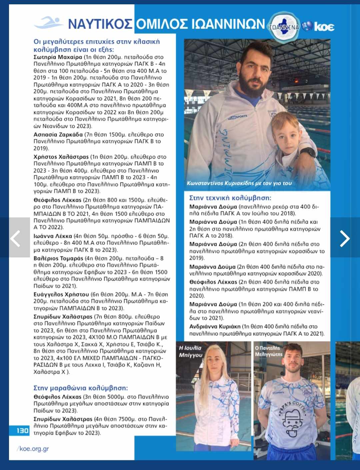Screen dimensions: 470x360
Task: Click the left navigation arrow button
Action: click(x=15, y=237)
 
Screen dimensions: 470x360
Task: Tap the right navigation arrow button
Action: click(x=345, y=238)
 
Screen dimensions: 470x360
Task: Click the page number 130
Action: click(x=22, y=431)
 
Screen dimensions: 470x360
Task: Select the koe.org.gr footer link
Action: click(x=34, y=449)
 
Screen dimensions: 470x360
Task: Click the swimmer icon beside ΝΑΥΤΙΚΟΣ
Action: click(x=49, y=23)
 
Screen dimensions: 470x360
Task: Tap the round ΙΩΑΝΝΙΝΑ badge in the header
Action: click(x=284, y=26)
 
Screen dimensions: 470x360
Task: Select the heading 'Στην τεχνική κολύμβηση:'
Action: click(x=230, y=198)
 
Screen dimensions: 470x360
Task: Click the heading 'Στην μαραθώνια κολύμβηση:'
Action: click(x=81, y=388)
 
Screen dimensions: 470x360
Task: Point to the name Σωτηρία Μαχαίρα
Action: click(x=58, y=57)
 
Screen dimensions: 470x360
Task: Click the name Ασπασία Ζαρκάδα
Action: click(x=58, y=135)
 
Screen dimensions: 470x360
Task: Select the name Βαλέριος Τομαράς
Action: click(x=58, y=258)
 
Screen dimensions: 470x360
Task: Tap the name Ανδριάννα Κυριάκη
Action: click(x=215, y=327)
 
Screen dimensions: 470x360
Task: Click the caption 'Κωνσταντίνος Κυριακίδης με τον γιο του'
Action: click(x=239, y=183)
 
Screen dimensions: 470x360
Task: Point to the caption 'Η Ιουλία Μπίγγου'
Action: click(x=190, y=351)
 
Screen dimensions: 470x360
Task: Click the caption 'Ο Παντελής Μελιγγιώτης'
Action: click(x=269, y=351)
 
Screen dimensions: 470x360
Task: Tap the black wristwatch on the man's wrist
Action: click(x=308, y=152)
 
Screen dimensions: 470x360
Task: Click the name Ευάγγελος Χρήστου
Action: click(x=61, y=294)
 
